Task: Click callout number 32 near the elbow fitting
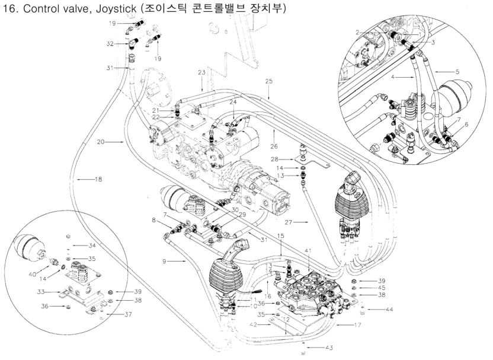[110, 44]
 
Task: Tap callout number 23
[201, 72]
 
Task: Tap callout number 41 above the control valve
[307, 251]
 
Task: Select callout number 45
[366, 288]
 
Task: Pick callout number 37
[129, 314]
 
